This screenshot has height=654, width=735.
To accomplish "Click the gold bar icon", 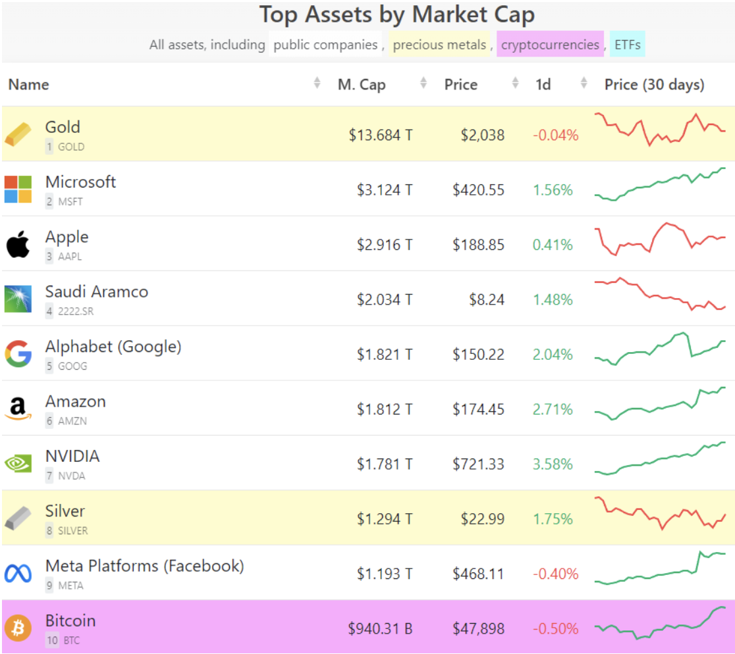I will point(18,134).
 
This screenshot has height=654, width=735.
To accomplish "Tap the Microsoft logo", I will point(18,189).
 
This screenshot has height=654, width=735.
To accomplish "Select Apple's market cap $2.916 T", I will point(385,245).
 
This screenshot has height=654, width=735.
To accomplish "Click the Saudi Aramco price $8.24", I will point(487,300).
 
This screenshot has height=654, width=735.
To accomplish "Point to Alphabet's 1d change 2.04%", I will point(553,355).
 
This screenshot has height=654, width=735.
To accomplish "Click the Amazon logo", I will point(18,409).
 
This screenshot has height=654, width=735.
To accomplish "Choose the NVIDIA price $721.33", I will point(478,465).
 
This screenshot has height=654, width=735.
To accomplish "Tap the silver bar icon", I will point(18,518).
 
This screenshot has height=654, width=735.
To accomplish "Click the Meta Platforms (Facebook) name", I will point(144,566).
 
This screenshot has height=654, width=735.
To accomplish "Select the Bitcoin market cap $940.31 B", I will point(380,629).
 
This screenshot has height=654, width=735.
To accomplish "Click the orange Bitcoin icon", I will point(18,628).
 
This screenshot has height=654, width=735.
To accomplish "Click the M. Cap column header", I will point(362,85).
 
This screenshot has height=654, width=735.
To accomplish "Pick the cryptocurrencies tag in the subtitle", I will point(550,45).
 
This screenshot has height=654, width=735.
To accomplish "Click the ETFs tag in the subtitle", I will point(627,45).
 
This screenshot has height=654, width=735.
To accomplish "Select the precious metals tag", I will point(439,45).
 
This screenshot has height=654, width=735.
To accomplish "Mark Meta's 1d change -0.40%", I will point(555,574).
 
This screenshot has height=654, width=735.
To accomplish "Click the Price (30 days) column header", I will point(654,85).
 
